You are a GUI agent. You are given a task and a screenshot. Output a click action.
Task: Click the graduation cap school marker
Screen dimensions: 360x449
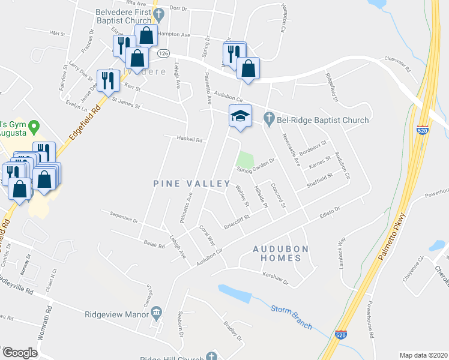click(240, 115)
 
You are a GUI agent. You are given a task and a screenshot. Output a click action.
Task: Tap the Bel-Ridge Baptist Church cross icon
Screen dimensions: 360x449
click(268, 119)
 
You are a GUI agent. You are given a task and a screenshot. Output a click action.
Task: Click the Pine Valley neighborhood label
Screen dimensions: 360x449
click(192, 184)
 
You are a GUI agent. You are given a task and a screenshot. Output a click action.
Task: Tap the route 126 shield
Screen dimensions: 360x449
click(163, 54)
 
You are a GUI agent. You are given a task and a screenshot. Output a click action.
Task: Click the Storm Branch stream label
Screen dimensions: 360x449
click(291, 316)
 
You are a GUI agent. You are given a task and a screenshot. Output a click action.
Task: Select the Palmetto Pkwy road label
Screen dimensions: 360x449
click(393, 235)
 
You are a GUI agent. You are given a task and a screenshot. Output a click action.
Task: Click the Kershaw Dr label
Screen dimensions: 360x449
click(276, 278)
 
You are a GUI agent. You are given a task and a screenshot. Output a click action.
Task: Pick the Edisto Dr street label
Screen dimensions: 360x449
click(329, 214)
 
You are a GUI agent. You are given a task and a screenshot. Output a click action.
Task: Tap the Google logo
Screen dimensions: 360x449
click(20, 353)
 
